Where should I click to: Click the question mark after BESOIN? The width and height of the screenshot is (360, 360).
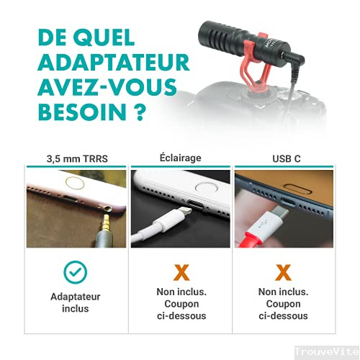(132, 114)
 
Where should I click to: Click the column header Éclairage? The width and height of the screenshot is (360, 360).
(180, 157)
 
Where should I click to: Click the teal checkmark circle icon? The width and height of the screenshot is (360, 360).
(76, 272)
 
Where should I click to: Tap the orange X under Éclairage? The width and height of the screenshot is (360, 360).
(181, 271)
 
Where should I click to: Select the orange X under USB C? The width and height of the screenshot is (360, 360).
(283, 271)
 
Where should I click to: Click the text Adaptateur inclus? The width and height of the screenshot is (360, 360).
(76, 302)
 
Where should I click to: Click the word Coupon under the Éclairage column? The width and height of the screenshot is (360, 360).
(181, 303)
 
